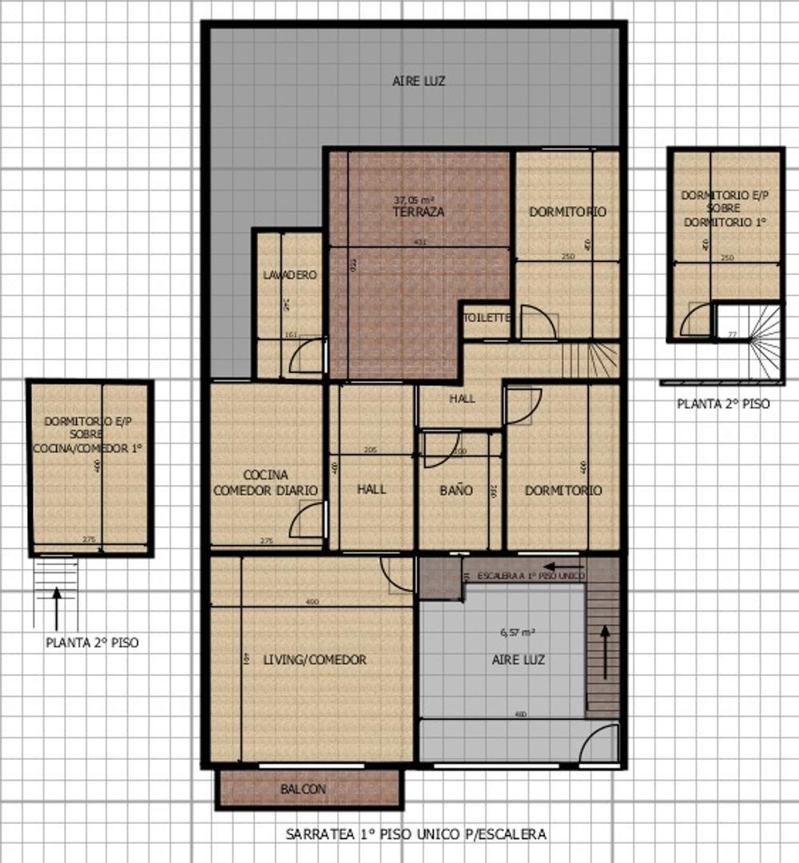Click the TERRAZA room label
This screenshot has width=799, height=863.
(418, 213)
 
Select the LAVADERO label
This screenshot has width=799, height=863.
(289, 275)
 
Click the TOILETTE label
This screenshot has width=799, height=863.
(486, 317)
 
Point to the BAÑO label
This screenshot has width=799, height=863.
(456, 490)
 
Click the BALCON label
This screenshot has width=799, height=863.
(303, 789)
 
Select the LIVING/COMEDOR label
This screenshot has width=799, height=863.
(315, 660)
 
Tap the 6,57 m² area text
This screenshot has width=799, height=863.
(517, 632)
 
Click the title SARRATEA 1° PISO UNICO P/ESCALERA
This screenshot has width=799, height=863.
(415, 834)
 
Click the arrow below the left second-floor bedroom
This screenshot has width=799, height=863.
(57, 608)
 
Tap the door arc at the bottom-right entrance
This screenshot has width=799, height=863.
(599, 743)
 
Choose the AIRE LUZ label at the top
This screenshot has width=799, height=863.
(419, 81)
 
